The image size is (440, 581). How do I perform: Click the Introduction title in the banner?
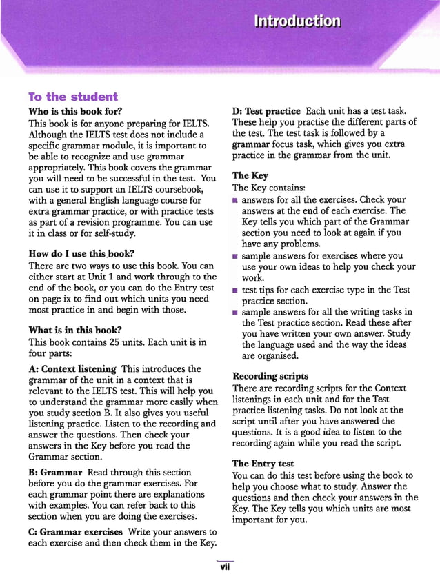tap(297, 21)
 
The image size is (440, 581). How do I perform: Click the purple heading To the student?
tap(73, 97)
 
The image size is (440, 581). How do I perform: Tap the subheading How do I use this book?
tap(81, 253)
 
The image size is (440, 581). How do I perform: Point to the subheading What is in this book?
tap(75, 330)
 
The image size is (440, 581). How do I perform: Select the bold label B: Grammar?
tap(56, 472)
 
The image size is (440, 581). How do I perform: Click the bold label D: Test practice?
tap(266, 111)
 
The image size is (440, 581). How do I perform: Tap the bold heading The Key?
tap(250, 176)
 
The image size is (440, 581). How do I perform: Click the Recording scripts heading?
tap(270, 377)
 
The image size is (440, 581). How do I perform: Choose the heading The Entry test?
tap(263, 464)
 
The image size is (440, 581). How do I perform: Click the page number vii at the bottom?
tap(224, 568)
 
